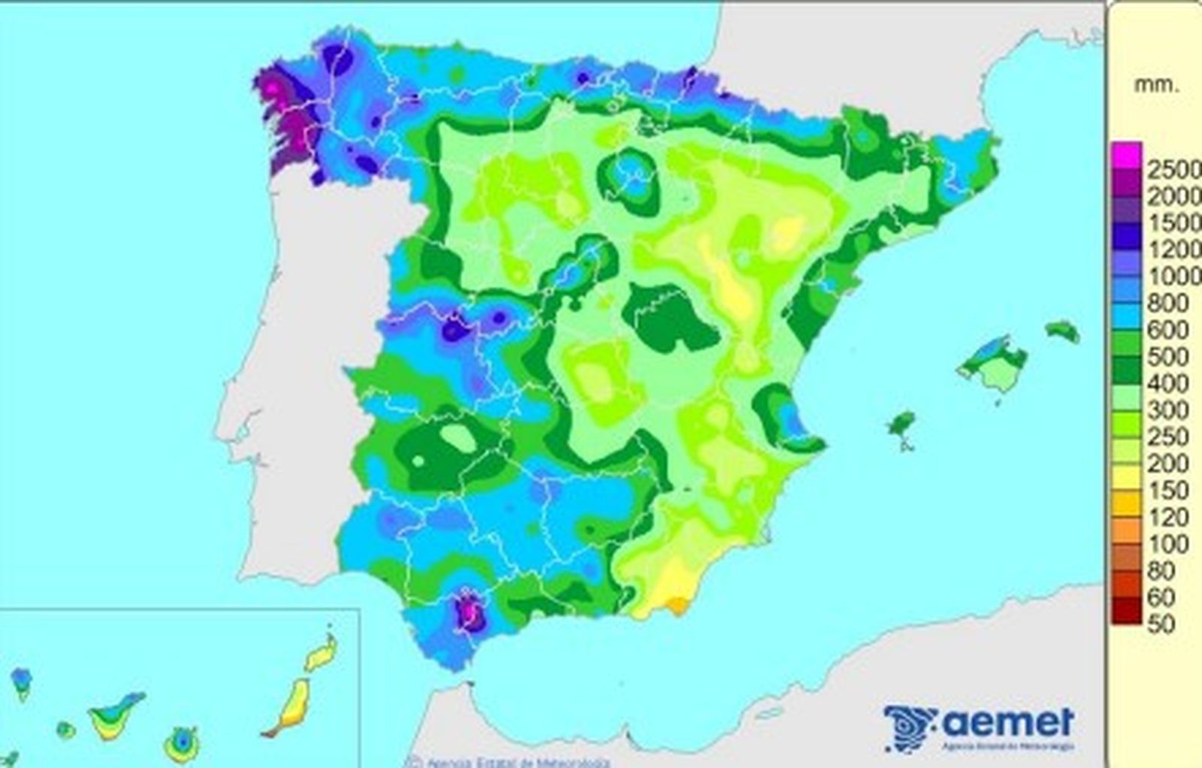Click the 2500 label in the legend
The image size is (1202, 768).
point(1173,170)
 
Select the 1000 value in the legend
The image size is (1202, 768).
point(1173,277)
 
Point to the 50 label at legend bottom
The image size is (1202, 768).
point(1161,624)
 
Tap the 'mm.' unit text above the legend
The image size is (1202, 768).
point(1156,85)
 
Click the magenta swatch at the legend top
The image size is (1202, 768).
point(1127,153)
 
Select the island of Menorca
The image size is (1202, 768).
point(1063,331)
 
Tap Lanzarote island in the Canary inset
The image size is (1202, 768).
point(322,654)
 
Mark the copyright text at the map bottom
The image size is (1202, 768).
point(511,762)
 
